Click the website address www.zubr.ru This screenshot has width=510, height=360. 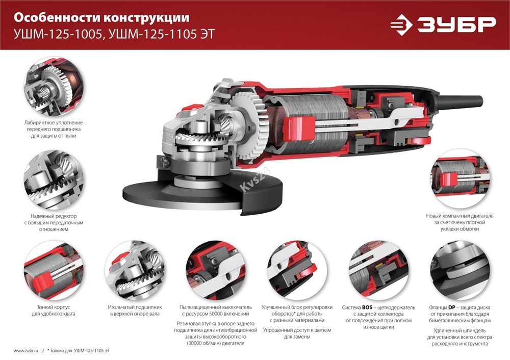pos(25,351)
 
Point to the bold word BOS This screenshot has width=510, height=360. pos(367,307)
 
